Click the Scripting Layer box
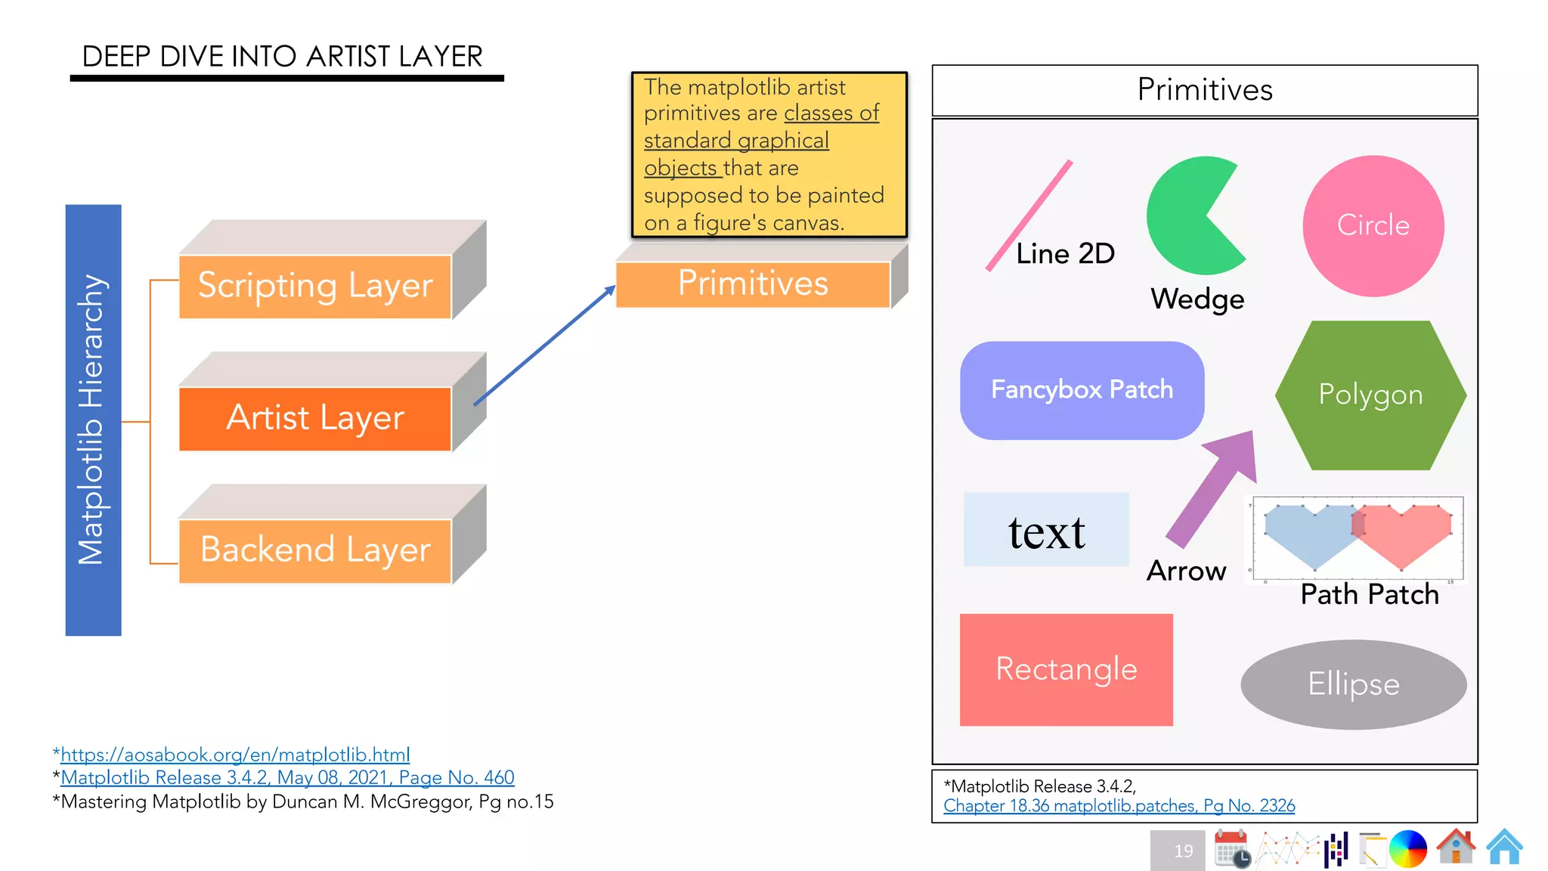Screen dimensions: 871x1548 point(315,287)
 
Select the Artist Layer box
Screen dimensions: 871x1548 point(315,418)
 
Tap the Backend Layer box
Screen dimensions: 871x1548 point(315,550)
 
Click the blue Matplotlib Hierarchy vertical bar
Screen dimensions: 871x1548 point(93,420)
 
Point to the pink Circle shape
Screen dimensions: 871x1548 point(1373,225)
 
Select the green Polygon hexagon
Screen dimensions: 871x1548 point(1370,395)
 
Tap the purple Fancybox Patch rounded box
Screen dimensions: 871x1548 point(1082,390)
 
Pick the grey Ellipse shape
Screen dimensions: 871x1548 point(1353,684)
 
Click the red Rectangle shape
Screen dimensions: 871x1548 point(1066,670)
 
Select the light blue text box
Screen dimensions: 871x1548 point(1046,529)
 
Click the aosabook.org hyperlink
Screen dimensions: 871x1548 point(235,755)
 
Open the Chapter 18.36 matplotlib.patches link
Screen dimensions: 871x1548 point(1119,806)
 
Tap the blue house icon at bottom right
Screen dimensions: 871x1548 point(1504,848)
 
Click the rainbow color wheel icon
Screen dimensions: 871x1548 point(1407,848)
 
